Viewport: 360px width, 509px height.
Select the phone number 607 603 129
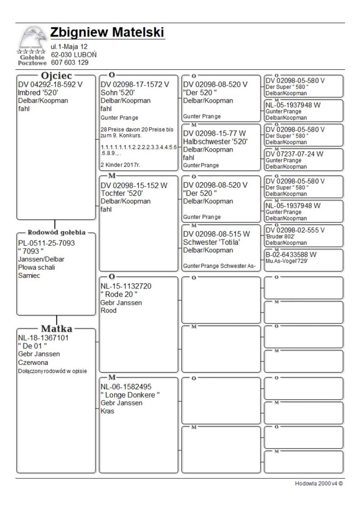[x=70, y=63]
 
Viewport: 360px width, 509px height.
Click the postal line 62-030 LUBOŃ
[x=73, y=54]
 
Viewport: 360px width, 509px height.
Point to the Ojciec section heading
[x=56, y=76]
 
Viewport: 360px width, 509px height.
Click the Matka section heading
[x=57, y=329]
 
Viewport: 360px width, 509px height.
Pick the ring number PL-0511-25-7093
[x=46, y=243]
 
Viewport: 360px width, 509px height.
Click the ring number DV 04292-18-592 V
[x=50, y=84]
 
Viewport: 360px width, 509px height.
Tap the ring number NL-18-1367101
[x=43, y=338]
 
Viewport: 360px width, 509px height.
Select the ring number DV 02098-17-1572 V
[x=135, y=84]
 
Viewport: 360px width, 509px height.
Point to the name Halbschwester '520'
[x=216, y=141]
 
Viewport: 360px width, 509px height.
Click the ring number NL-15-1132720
[x=126, y=286]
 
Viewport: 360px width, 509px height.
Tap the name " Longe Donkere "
[x=130, y=395]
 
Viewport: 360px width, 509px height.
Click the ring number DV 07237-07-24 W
[x=294, y=154]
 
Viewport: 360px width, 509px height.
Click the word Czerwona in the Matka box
[x=33, y=362]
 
